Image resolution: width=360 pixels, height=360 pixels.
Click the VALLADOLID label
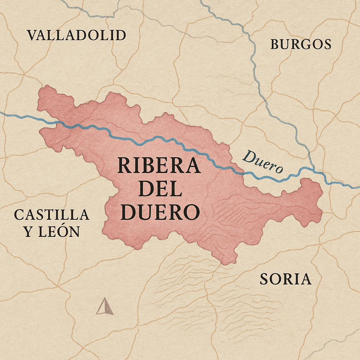pos(76,35)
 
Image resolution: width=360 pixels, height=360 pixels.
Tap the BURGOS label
pos(301,44)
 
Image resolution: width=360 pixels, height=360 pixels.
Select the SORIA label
pos(285,279)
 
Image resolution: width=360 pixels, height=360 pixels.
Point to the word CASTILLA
pos(51,214)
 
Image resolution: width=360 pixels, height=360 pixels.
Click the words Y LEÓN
pos(51,232)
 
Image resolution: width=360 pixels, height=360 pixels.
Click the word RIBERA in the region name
pos(159,165)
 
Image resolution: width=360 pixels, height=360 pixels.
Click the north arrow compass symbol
pos(105,307)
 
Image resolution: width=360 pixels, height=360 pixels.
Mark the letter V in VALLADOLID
pos(32,35)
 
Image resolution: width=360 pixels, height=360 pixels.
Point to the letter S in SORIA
pos(264,279)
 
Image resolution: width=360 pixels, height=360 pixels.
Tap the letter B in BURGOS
pos(275,44)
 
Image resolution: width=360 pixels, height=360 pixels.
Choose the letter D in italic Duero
pos(249,156)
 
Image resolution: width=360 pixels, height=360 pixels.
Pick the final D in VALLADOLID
pos(121,35)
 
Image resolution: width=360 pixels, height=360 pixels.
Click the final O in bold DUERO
pos(192,212)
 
